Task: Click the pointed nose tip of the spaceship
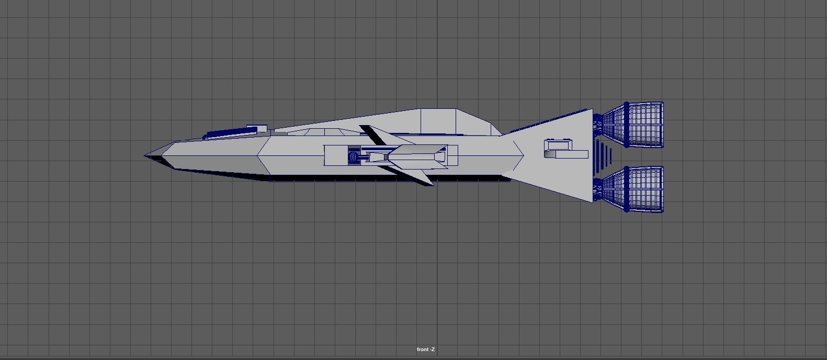coord(145,155)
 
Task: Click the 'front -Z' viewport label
coord(426,350)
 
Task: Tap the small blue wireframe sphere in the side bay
coord(354,156)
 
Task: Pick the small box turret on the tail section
coord(558,145)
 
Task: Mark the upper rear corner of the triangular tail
coord(592,110)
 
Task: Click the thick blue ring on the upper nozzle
coord(627,125)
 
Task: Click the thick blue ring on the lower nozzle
coord(627,189)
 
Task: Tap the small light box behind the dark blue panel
coord(256,128)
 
